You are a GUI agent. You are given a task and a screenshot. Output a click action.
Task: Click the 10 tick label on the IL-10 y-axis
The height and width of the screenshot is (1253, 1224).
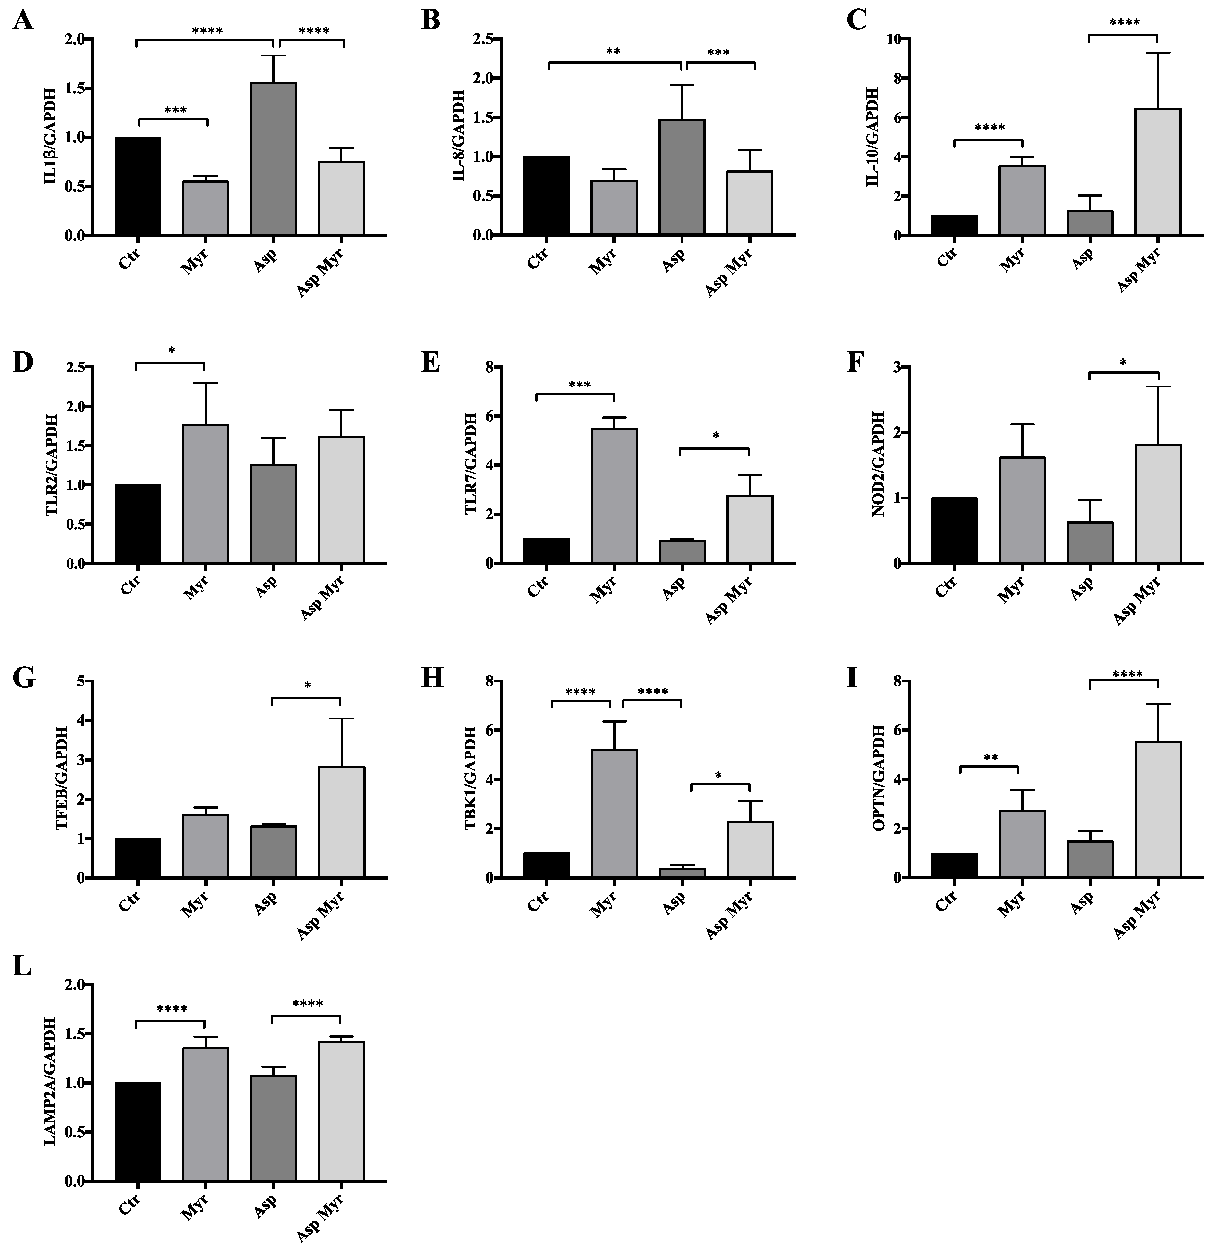coord(893,39)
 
